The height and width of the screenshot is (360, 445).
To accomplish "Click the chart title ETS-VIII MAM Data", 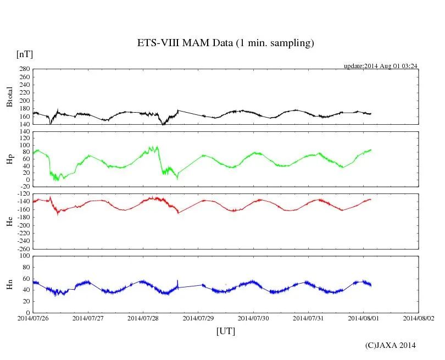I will pyautogui.click(x=225, y=43).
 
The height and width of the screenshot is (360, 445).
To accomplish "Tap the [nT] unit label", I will pyautogui.click(x=24, y=54).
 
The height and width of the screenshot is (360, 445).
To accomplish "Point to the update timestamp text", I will pyautogui.click(x=381, y=66).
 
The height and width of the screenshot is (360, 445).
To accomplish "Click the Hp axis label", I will pyautogui.click(x=9, y=159).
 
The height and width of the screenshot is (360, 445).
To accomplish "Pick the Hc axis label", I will pyautogui.click(x=9, y=221).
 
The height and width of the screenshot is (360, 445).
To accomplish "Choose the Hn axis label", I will pyautogui.click(x=9, y=284).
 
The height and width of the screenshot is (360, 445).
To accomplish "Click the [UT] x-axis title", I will pyautogui.click(x=226, y=331).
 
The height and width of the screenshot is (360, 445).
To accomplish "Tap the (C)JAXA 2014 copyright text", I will pyautogui.click(x=390, y=345).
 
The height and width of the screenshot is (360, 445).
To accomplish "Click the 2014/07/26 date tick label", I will pyautogui.click(x=33, y=318).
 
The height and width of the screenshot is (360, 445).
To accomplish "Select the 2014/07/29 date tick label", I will pyautogui.click(x=198, y=318).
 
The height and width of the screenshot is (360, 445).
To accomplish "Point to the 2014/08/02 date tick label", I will pyautogui.click(x=419, y=318).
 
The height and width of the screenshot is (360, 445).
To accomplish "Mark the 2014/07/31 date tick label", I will pyautogui.click(x=309, y=318).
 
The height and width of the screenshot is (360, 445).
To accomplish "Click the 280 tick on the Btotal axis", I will pyautogui.click(x=24, y=69).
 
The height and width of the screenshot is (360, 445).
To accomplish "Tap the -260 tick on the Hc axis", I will pyautogui.click(x=22, y=248).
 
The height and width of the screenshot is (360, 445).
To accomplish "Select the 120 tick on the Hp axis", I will pyautogui.click(x=24, y=132).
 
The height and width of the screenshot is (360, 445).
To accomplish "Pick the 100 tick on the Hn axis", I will pyautogui.click(x=24, y=256).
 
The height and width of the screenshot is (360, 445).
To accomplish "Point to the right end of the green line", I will pyautogui.click(x=371, y=149).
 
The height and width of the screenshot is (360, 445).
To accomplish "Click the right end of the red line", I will pyautogui.click(x=371, y=199).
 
